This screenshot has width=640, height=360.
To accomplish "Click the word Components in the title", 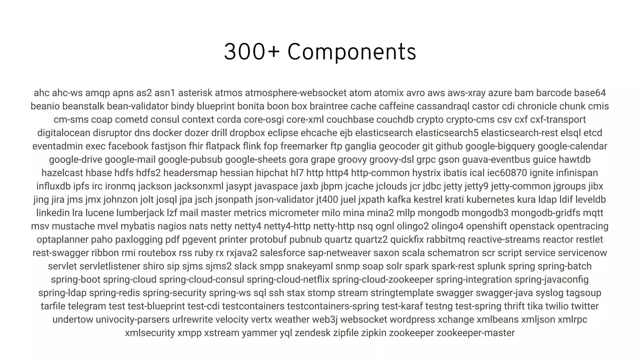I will coord(352,52).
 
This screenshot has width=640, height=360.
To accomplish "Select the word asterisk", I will coord(195,93).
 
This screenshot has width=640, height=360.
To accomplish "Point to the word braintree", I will coord(328,106).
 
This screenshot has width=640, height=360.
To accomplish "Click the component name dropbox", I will coord(247,133).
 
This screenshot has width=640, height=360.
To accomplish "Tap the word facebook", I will coord(128,146).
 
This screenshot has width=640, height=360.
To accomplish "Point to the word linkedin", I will coord(53,213).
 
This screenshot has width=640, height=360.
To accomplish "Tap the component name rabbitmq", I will coord(445,239).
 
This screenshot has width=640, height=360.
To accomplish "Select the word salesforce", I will coord(282,253).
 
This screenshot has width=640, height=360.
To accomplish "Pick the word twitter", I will coord(585,306).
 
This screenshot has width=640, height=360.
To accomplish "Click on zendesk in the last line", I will coord(312,333).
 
